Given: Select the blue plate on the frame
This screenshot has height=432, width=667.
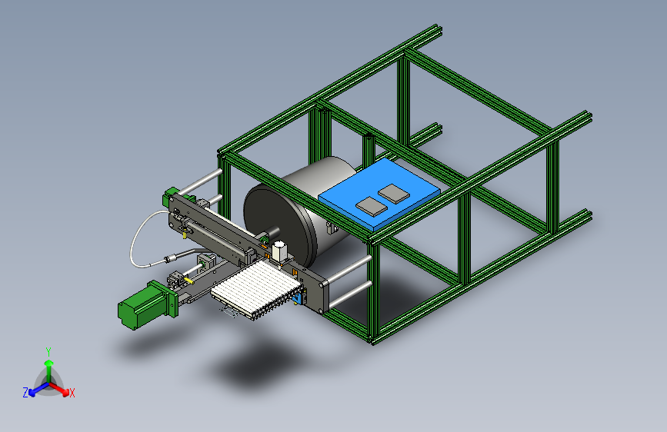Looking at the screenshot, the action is [379, 194].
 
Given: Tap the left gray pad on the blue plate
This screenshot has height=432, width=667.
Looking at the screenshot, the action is [372, 206].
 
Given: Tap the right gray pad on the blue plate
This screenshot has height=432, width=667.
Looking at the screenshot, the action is [394, 194].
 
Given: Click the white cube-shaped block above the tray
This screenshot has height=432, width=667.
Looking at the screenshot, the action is [279, 251].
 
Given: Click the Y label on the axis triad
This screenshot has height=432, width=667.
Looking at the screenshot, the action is [48, 352].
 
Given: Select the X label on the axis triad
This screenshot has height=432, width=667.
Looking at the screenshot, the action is [72, 393].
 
